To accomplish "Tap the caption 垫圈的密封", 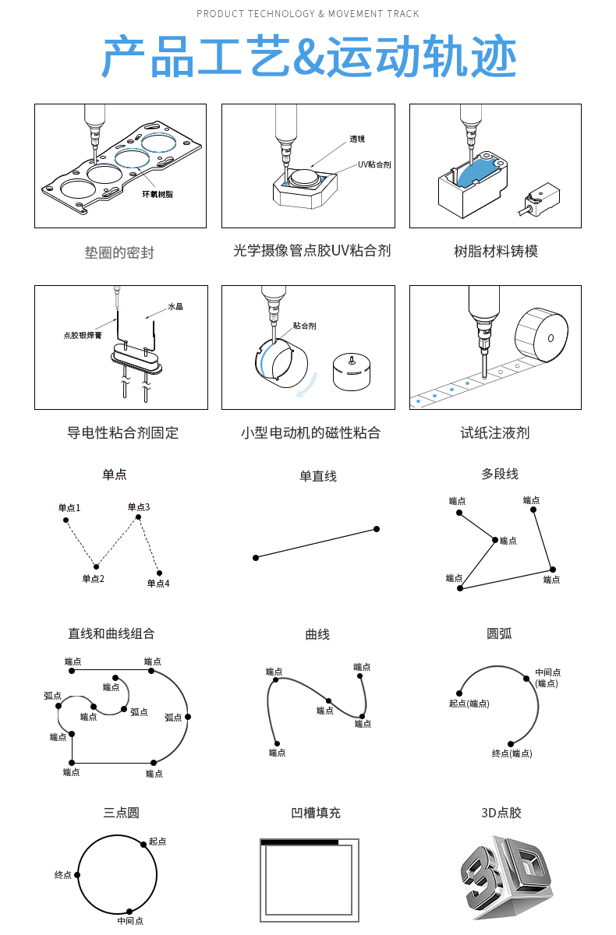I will (x=119, y=252).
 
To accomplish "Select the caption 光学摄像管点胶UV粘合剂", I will (x=312, y=251).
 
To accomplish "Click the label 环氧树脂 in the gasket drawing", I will (x=158, y=194).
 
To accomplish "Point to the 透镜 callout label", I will (x=357, y=139).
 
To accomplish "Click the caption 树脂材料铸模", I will (x=496, y=251).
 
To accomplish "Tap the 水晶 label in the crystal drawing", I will (x=175, y=307).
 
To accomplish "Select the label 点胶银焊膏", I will (x=83, y=335).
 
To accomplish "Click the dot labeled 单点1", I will (x=66, y=520).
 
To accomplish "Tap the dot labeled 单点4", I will (x=160, y=573).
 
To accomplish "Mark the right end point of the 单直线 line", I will (x=377, y=529).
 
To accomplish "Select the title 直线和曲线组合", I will (x=112, y=633).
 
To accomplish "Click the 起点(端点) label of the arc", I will (x=469, y=704).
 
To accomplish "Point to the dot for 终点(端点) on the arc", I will (x=511, y=744).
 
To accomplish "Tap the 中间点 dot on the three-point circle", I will (x=129, y=911).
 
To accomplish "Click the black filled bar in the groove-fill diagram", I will (x=300, y=842).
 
